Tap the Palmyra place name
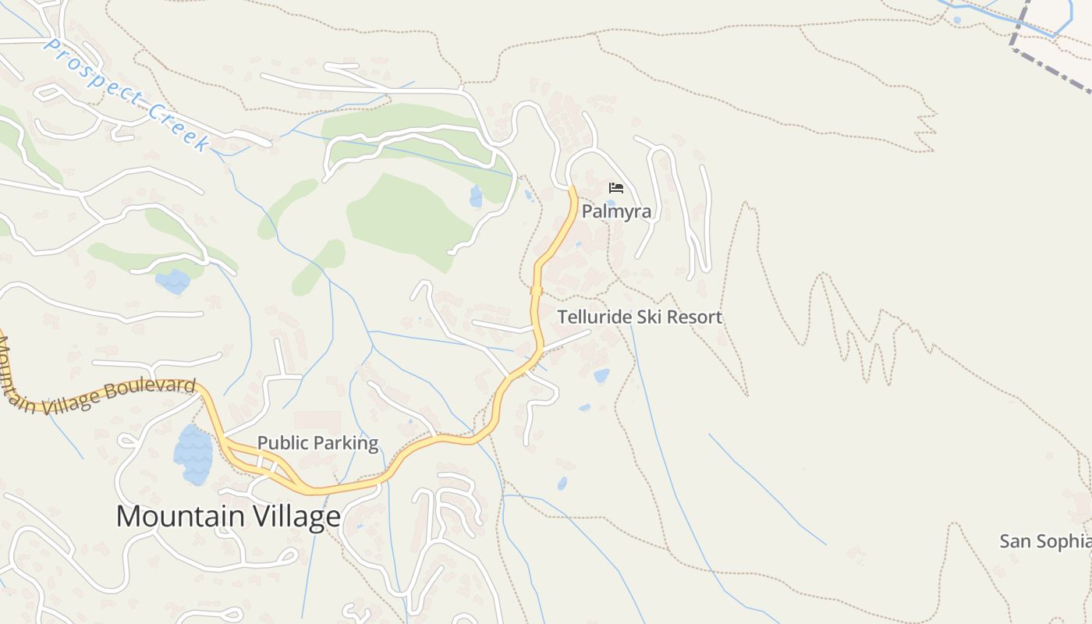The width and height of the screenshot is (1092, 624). pos(616,211)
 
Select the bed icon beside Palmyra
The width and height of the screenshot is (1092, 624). pos(616,188)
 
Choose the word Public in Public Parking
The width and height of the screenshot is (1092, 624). pos(281,443)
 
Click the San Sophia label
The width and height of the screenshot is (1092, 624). pos(1045,541)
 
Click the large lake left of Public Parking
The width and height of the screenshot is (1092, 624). pos(193,454)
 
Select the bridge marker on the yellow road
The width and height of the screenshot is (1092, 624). pos(536,291)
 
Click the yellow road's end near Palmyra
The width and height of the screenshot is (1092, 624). pos(572,189)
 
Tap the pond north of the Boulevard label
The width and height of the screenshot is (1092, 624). pos(172,281)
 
